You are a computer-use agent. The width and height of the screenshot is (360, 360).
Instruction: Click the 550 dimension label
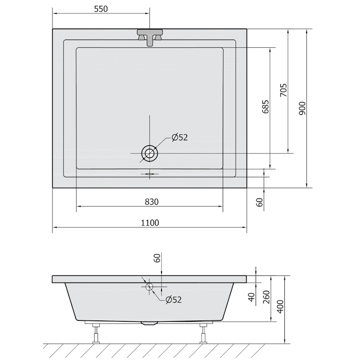(101, 9)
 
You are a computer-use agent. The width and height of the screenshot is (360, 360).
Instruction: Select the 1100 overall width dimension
(150, 223)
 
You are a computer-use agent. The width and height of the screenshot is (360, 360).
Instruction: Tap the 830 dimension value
(152, 202)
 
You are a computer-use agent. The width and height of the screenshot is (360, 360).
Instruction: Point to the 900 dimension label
(302, 108)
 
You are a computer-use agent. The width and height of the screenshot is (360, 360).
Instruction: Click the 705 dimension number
(283, 90)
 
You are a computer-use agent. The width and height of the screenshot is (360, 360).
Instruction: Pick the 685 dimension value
(265, 107)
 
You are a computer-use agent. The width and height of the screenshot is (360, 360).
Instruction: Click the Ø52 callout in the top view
(180, 137)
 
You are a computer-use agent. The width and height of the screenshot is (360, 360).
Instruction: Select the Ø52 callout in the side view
(174, 300)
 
